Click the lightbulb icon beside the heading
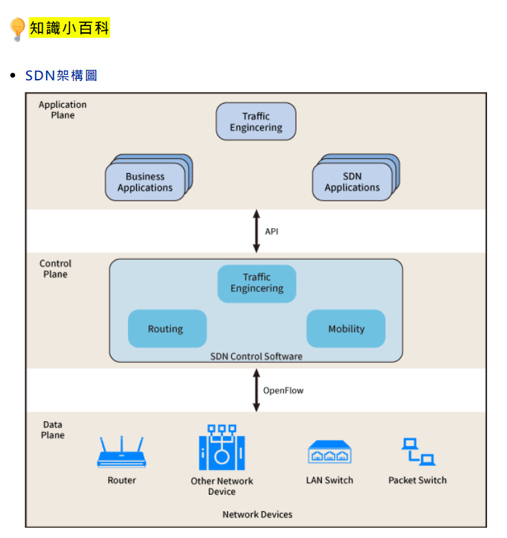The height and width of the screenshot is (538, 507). pyautogui.click(x=17, y=30)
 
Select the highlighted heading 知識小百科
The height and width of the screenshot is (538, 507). pyautogui.click(x=69, y=28)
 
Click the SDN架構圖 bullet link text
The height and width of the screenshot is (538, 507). pyautogui.click(x=61, y=76)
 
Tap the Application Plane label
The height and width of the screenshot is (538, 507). pyautogui.click(x=63, y=110)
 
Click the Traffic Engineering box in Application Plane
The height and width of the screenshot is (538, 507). pyautogui.click(x=256, y=122)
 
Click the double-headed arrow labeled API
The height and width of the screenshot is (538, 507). pyautogui.click(x=256, y=232)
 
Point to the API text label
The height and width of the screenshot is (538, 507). pyautogui.click(x=272, y=232)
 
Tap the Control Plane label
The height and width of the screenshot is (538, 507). pyautogui.click(x=55, y=269)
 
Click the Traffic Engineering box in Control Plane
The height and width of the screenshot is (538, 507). pyautogui.click(x=257, y=283)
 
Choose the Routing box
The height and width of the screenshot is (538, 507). pyautogui.click(x=166, y=328)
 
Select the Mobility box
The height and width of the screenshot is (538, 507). pyautogui.click(x=346, y=328)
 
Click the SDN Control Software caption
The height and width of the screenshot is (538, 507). pyautogui.click(x=256, y=357)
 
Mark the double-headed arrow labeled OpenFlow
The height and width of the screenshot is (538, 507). pyautogui.click(x=256, y=390)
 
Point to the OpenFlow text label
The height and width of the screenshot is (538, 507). pyautogui.click(x=283, y=390)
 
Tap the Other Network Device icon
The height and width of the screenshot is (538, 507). pyautogui.click(x=222, y=448)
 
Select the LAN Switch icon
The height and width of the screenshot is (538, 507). pyautogui.click(x=330, y=452)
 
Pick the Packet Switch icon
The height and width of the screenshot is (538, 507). pyautogui.click(x=418, y=451)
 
